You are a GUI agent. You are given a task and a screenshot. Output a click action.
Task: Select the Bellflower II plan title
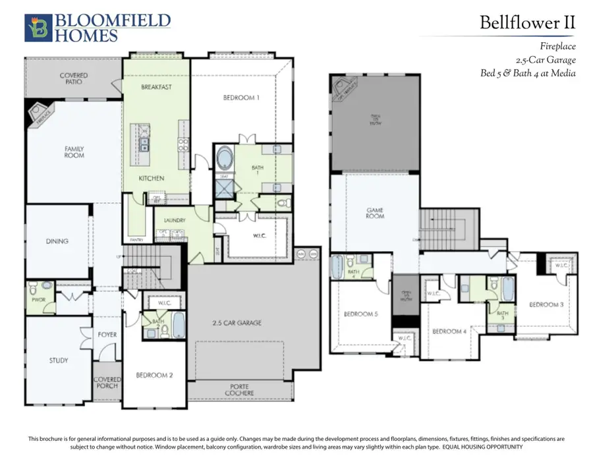tap(527, 22)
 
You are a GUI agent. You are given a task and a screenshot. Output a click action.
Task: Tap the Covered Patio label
tap(74, 79)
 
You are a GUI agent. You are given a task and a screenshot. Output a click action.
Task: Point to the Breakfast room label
tap(156, 87)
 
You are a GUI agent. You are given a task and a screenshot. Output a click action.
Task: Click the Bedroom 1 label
tap(241, 98)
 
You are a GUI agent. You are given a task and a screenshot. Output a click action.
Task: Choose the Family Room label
tap(74, 152)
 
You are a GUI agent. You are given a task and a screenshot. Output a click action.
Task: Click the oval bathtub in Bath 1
tap(224, 159)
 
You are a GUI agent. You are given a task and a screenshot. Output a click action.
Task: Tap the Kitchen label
tap(152, 179)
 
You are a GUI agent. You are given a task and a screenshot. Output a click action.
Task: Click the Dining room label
tap(57, 241)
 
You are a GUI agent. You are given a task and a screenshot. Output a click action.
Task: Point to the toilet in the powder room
tap(46, 286)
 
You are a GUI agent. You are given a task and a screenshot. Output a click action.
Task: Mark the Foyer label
tap(107, 335)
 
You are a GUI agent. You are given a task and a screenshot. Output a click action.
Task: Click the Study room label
tap(59, 360)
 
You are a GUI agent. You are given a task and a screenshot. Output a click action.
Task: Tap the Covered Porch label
tap(107, 383)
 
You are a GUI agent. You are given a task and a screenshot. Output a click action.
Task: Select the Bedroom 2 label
tap(154, 375)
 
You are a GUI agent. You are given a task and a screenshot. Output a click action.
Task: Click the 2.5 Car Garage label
tap(237, 323)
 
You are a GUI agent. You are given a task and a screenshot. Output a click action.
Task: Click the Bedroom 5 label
tap(361, 314)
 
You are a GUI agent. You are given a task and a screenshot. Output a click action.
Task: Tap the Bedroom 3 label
tap(546, 304)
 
